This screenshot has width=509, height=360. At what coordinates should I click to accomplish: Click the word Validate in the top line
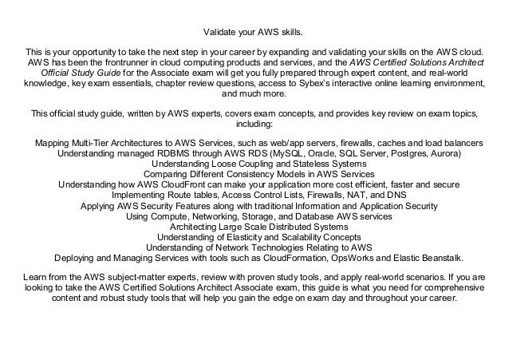[215, 33]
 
